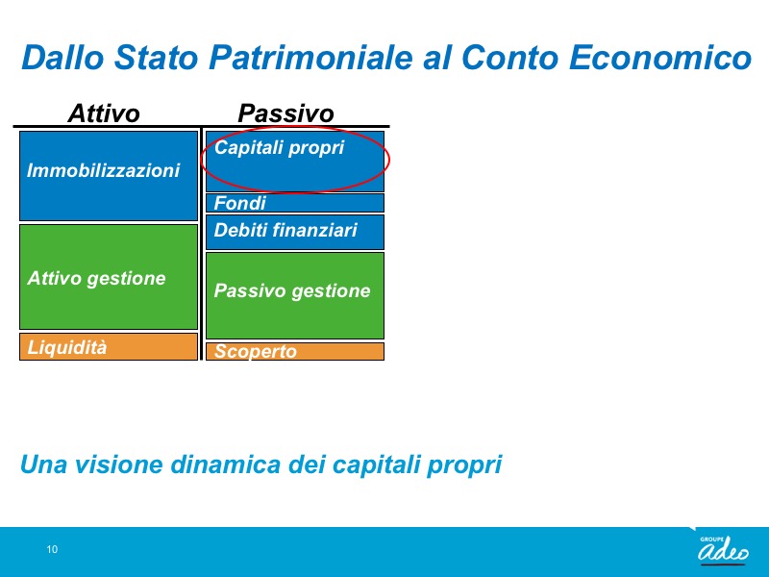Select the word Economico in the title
point(660,58)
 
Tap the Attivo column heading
point(104,113)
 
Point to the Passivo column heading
point(285,113)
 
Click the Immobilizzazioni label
point(104,171)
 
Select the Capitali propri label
point(280,148)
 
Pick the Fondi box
point(295,203)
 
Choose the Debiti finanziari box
point(295,232)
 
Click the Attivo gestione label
point(97,279)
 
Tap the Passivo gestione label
point(292,291)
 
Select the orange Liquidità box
point(109,347)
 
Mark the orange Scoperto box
point(295,351)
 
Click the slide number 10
point(52,549)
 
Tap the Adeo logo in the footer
point(724,549)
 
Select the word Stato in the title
point(157,58)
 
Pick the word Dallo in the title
point(62,58)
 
